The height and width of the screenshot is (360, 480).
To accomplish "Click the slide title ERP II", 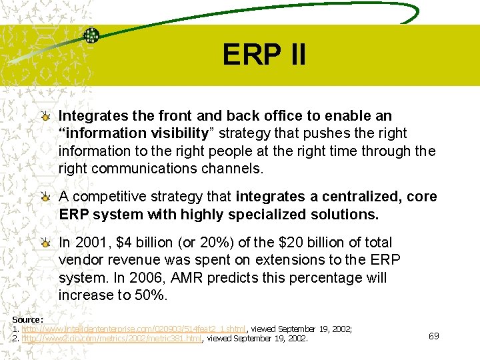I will (x=264, y=55).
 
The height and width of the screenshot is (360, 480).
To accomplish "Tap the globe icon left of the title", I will (x=91, y=36).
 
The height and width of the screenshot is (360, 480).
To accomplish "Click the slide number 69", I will (x=433, y=335).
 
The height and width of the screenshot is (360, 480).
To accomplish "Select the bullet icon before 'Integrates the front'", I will (x=45, y=117).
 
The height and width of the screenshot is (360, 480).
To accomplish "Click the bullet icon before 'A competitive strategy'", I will (x=45, y=197).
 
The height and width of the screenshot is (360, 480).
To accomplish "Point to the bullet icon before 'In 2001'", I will (x=45, y=243).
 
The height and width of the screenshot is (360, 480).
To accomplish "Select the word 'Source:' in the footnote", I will (x=27, y=320).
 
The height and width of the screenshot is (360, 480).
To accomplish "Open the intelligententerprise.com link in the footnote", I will (x=134, y=329).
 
